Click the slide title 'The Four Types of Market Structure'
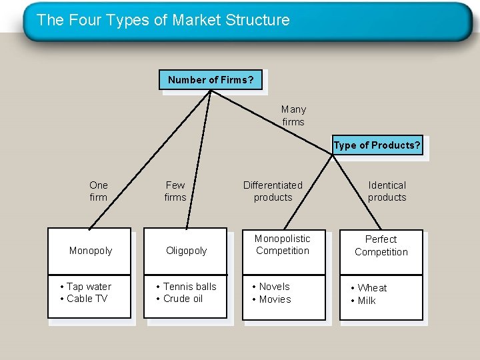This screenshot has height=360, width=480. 163,20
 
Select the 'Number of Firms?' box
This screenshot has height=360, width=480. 211,80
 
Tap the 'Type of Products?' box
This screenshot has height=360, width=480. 377,146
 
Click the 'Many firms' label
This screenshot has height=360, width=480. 293,115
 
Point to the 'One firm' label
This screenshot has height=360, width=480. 98,191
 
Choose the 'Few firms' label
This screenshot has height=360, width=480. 175,191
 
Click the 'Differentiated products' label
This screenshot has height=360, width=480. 273,191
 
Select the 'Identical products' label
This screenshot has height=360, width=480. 387,191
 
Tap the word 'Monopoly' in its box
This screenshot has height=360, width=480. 91,251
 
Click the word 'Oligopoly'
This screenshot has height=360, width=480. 187,251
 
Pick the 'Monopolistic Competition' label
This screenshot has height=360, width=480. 283,245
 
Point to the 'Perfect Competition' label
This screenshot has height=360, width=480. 381,245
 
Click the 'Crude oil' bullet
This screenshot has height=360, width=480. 183,299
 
